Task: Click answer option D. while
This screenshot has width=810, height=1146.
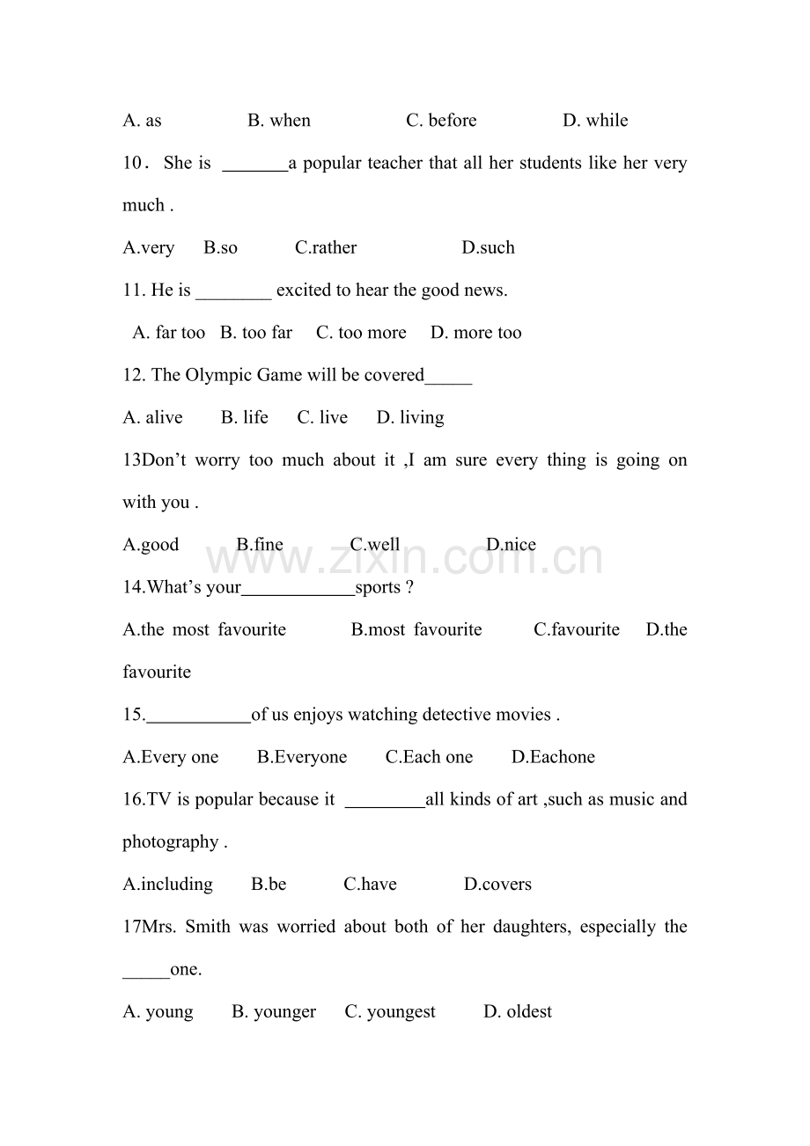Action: coord(595,121)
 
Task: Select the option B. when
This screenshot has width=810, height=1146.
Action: coord(279,121)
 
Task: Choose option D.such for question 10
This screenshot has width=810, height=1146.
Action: coord(488,248)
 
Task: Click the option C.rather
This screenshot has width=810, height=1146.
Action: coord(326,248)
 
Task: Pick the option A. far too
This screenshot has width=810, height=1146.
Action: coord(169,333)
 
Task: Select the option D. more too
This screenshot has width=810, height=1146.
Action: coord(475,333)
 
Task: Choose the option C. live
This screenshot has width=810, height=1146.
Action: coord(322,417)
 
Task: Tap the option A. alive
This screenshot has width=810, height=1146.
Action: coord(153,417)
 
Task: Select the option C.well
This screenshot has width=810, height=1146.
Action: coord(375,545)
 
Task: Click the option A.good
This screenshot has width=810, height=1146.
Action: coord(151,545)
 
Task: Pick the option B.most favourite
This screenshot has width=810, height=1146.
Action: coord(416,629)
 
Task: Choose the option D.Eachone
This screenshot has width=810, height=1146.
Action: coord(553,757)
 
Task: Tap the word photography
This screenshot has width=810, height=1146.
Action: coord(170,842)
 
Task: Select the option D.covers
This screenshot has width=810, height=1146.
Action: coord(497,885)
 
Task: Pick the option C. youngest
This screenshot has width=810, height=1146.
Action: coord(390,1012)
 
